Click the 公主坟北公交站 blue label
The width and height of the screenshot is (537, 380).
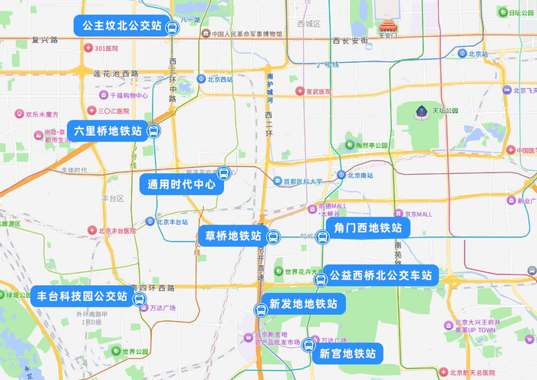click(120, 26)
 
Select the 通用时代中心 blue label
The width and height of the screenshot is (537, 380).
click(181, 184)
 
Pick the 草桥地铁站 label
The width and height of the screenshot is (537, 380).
click(234, 235)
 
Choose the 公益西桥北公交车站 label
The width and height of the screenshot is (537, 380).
click(381, 275)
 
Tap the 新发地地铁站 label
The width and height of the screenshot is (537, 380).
click(303, 303)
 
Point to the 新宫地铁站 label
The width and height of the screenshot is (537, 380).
click(348, 353)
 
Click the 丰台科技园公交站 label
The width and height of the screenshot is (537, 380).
click(81, 295)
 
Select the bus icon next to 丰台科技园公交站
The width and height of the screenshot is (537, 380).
click(140, 300)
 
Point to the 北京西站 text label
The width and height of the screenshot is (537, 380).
click(219, 78)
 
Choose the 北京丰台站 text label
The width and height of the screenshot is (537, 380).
click(173, 221)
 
